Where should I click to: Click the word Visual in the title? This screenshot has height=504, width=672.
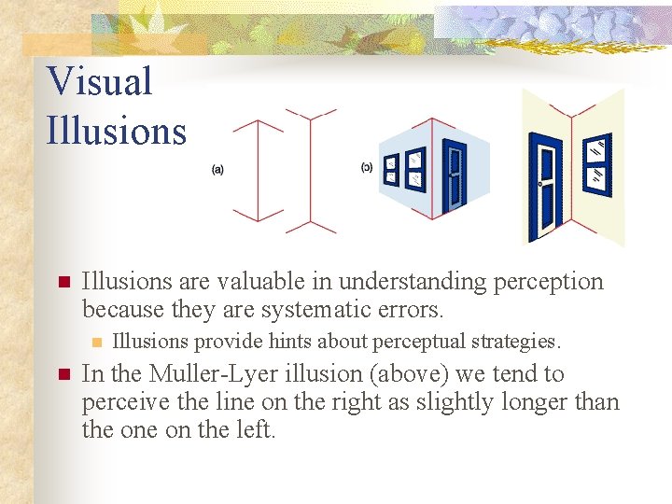click(x=99, y=82)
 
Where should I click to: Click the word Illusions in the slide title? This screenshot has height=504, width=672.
click(x=117, y=131)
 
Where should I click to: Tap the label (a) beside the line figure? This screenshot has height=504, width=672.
click(x=217, y=169)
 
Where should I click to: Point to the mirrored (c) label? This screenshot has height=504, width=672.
click(x=367, y=168)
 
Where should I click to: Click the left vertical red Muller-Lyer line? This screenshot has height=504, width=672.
click(x=258, y=170)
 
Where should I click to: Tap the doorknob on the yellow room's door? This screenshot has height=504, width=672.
click(x=540, y=185)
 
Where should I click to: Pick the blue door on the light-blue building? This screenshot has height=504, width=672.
click(x=455, y=173)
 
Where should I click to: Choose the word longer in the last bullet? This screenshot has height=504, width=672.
click(x=506, y=402)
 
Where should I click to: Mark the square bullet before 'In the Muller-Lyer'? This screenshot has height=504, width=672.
click(x=63, y=375)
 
